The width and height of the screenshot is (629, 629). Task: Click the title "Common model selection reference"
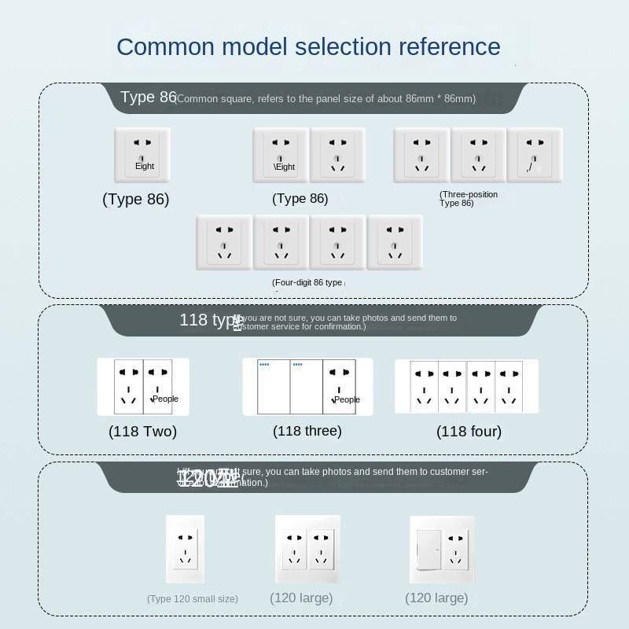pyautogui.click(x=308, y=46)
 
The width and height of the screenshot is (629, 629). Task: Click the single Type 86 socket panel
pyautogui.click(x=142, y=155)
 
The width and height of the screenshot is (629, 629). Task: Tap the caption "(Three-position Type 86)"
pyautogui.click(x=469, y=199)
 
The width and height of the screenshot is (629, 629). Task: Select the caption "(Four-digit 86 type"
pyautogui.click(x=307, y=282)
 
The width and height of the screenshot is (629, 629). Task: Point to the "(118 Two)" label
pyautogui.click(x=142, y=431)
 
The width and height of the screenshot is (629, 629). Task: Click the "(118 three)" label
pyautogui.click(x=307, y=431)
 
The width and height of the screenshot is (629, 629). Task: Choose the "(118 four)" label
pyautogui.click(x=469, y=431)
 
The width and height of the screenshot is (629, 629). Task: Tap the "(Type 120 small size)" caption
pyautogui.click(x=192, y=599)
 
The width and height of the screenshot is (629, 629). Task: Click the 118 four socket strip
pyautogui.click(x=466, y=387)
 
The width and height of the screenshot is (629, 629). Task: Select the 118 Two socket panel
pyautogui.click(x=143, y=386)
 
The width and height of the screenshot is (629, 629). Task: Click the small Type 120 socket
pyautogui.click(x=186, y=548)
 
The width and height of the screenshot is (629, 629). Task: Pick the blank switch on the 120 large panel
pyautogui.click(x=426, y=548)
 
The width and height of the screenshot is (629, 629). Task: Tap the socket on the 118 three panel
pyautogui.click(x=340, y=386)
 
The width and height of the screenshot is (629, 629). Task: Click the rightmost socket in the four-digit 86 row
pyautogui.click(x=395, y=242)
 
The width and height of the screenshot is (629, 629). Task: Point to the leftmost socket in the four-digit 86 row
pyautogui.click(x=224, y=242)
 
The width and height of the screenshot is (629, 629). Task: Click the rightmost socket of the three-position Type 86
pyautogui.click(x=535, y=155)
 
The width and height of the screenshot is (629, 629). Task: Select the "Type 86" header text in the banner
pyautogui.click(x=148, y=97)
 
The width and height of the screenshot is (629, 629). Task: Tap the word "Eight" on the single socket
pyautogui.click(x=145, y=166)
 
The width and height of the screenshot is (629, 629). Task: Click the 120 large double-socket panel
pyautogui.click(x=307, y=548)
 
